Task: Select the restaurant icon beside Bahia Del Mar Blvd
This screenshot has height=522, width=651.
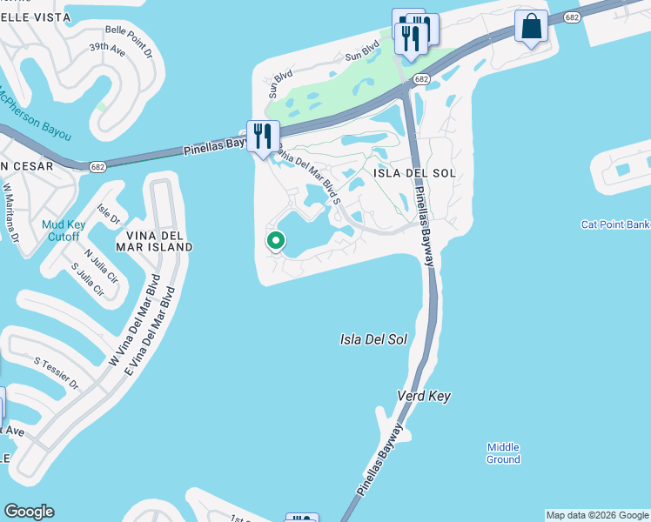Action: [263, 136]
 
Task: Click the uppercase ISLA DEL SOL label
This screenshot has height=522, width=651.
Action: [415, 173]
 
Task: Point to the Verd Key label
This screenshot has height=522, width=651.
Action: [426, 396]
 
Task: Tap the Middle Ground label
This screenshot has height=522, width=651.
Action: [503, 453]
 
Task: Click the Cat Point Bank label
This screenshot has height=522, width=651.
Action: [615, 224]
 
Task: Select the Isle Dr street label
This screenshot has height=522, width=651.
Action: [109, 213]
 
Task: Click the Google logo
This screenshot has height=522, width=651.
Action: [29, 512]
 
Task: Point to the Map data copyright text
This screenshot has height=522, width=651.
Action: [597, 515]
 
